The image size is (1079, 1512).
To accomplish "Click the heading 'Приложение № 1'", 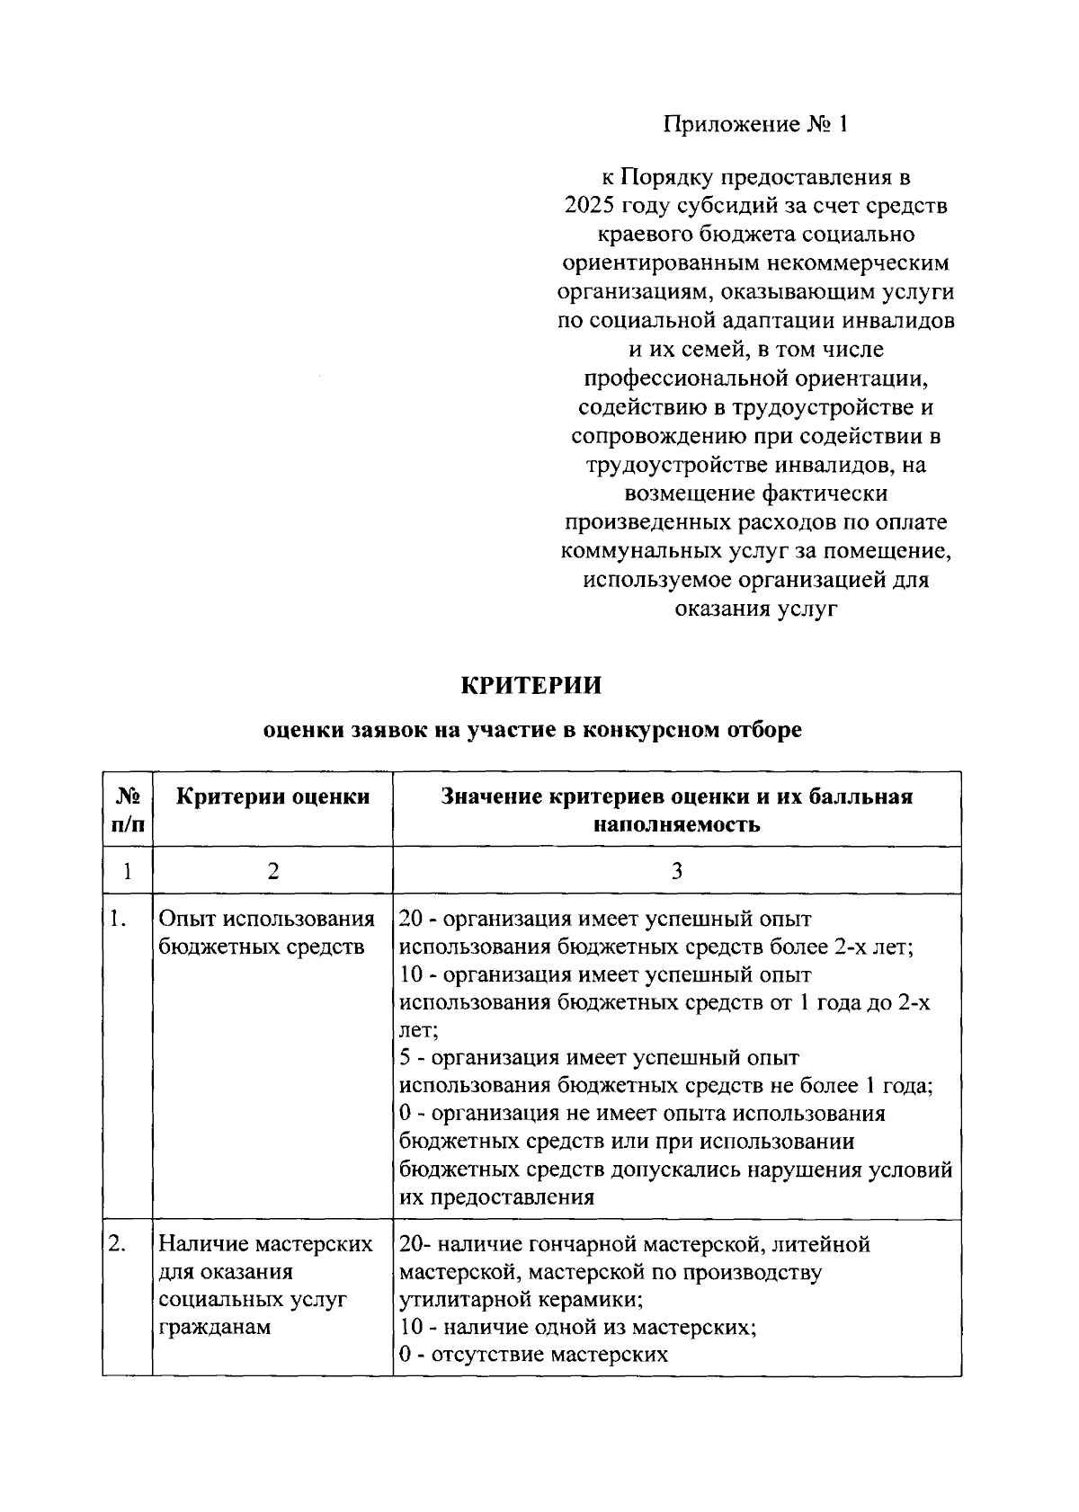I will [755, 124].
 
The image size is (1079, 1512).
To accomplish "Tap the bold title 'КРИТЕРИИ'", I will [531, 685].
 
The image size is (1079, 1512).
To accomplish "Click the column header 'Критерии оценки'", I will [272, 796].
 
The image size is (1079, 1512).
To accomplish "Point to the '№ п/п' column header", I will [128, 809].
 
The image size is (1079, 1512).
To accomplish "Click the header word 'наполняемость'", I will [676, 824].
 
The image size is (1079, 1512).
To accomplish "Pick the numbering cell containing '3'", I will [676, 870].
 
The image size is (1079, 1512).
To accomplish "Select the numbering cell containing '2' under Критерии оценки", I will [272, 870].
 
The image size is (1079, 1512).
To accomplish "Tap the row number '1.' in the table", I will [117, 919].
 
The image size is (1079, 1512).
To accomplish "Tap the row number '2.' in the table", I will [117, 1244].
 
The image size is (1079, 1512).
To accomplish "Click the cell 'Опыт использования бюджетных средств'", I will [266, 932].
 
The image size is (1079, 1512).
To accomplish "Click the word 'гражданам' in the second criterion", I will [214, 1327].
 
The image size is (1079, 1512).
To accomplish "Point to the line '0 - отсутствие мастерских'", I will [533, 1355].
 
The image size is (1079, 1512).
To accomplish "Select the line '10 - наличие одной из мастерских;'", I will [577, 1327].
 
